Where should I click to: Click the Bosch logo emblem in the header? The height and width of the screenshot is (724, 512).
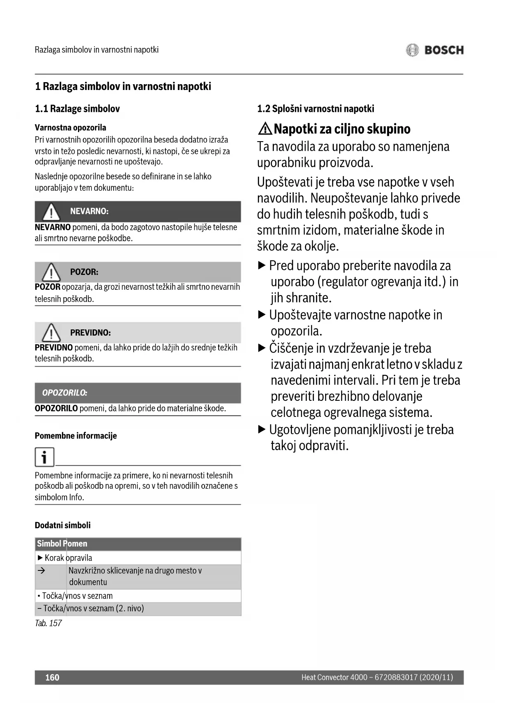412,50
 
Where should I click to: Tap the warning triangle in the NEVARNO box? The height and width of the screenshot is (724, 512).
51,212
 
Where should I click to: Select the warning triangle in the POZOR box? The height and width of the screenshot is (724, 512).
51,272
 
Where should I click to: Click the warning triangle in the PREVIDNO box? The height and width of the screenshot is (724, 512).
51,332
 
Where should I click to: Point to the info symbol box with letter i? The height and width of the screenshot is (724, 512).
44,457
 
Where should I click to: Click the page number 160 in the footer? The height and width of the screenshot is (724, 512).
52,677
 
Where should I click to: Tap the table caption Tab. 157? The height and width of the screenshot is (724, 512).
48,623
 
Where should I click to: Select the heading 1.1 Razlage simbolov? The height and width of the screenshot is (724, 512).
77,109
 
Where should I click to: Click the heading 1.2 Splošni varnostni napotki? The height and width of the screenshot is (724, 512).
316,109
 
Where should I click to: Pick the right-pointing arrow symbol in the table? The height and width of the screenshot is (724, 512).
41,570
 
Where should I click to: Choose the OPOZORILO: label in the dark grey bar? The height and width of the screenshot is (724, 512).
65,393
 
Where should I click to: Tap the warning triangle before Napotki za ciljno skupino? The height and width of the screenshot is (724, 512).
265,129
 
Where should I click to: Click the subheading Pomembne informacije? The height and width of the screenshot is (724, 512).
76,436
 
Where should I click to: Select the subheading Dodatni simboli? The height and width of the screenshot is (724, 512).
63,525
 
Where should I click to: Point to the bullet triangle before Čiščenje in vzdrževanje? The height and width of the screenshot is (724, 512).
262,348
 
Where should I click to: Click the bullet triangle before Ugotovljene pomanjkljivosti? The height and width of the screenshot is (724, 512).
262,430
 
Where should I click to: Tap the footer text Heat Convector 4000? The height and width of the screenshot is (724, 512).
334,677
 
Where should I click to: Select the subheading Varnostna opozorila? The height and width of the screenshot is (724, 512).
70,128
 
